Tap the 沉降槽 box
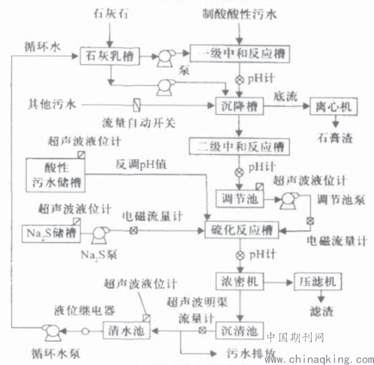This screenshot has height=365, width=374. point(239,107)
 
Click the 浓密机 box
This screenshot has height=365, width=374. point(239,281)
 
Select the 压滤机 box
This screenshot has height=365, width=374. point(318,281)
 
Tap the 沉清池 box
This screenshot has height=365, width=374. point(239,330)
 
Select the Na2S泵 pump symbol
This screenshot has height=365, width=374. point(100,232)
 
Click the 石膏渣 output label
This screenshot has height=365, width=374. point(334,138)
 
